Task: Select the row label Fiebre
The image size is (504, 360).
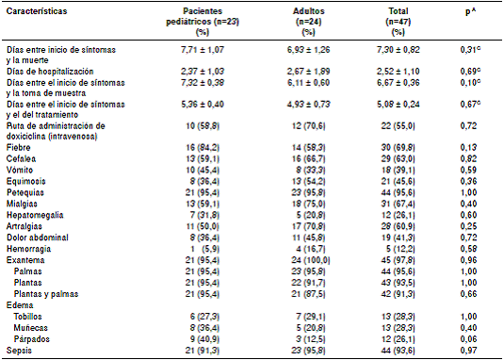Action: (x=18, y=146)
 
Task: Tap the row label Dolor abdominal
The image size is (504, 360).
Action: (x=34, y=237)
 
